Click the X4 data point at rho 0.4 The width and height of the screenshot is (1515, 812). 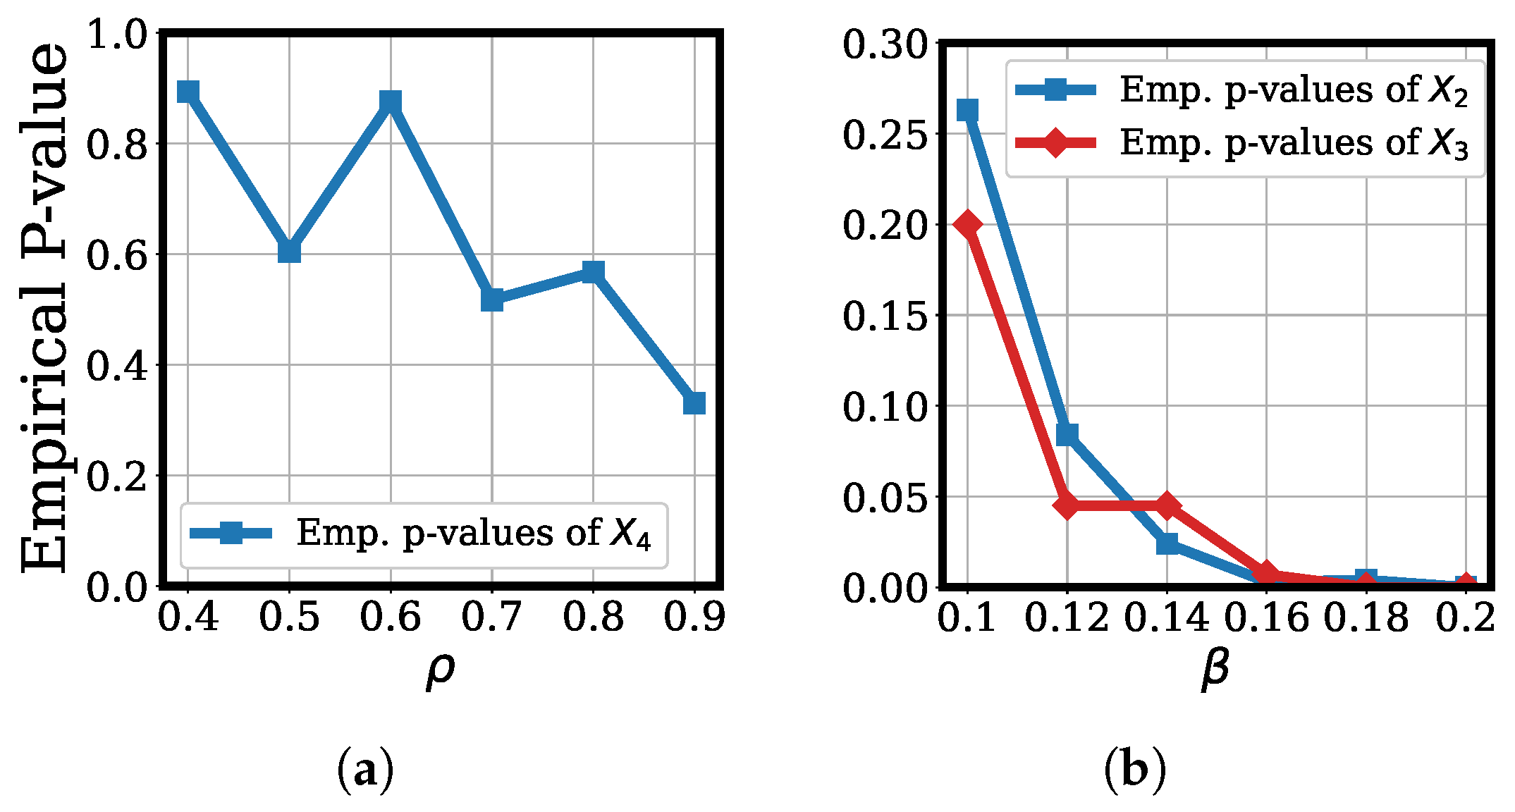[188, 92]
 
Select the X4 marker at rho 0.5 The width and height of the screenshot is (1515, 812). [289, 251]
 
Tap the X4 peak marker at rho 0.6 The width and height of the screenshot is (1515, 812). [391, 101]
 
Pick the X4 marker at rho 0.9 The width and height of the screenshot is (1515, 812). [694, 403]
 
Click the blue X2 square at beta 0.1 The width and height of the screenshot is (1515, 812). [968, 110]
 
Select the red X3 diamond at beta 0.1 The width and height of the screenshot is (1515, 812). [968, 224]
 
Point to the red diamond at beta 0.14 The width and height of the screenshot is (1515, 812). [1167, 505]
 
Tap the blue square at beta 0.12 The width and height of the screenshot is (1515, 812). [1067, 435]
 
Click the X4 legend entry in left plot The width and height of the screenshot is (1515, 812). [423, 534]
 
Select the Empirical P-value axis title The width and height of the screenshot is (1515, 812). [44, 308]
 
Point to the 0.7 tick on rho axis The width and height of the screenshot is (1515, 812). [491, 617]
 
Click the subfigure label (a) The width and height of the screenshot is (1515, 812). [365, 770]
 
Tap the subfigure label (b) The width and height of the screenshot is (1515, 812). [1135, 770]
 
